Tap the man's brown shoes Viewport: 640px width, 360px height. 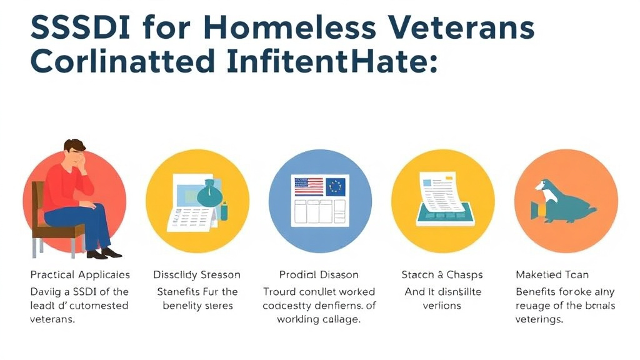click(104, 253)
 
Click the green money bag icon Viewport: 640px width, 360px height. click(210, 194)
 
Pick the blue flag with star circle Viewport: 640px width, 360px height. click(336, 186)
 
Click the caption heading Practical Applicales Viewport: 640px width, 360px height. click(80, 275)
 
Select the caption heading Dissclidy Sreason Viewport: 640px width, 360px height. click(197, 275)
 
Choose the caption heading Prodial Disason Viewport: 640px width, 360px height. click(319, 275)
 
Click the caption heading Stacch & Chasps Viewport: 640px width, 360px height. click(442, 275)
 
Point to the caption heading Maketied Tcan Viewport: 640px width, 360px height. click(552, 275)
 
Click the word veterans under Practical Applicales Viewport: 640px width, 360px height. click(52, 319)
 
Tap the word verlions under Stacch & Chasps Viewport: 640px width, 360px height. click(441, 306)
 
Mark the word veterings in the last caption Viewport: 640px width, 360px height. click(539, 319)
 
